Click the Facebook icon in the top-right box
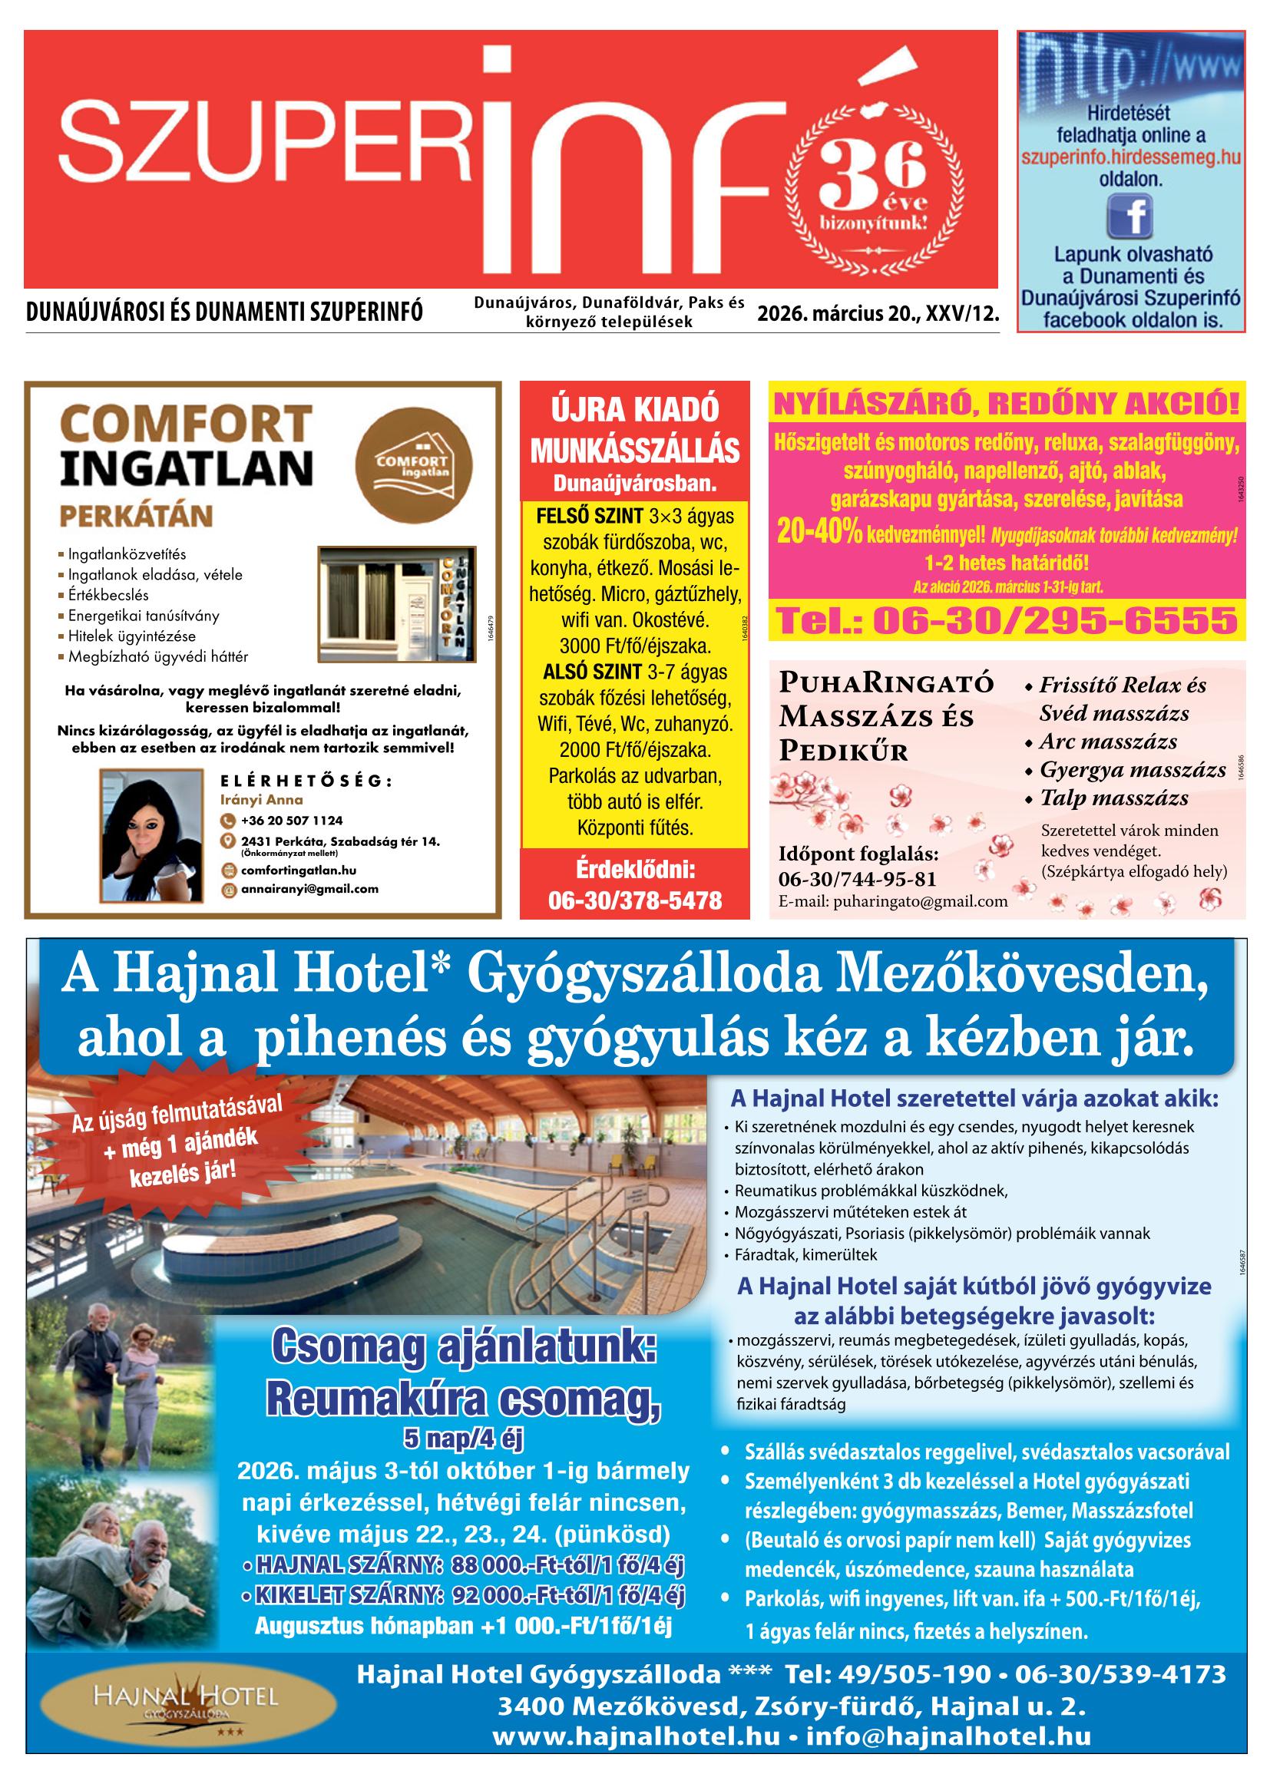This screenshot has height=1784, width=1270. pos(1130,216)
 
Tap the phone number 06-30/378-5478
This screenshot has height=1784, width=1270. pos(634,900)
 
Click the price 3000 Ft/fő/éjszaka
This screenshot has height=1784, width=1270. pos(634,646)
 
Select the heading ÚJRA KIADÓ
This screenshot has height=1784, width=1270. pos(634,411)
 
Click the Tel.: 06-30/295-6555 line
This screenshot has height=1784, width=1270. pos(1007,621)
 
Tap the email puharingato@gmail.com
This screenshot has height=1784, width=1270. pos(892,901)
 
